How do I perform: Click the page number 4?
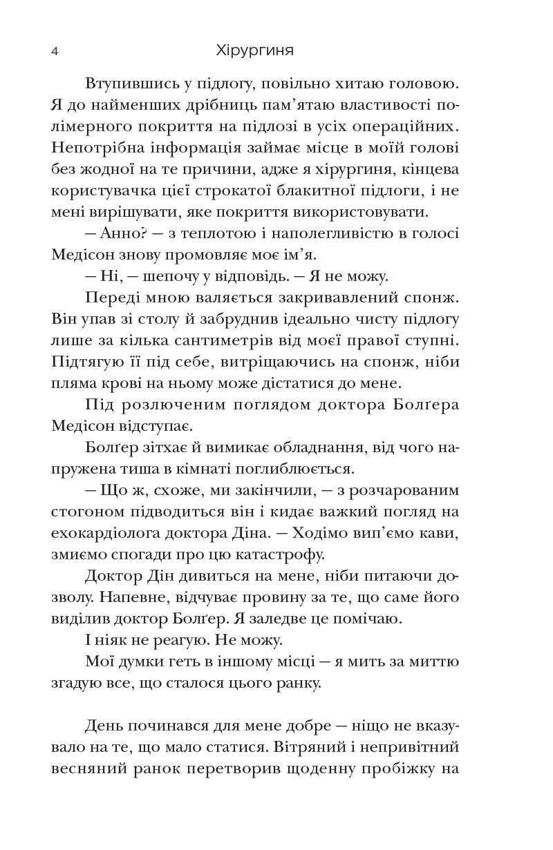pyautogui.click(x=55, y=51)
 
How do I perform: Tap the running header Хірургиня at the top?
pyautogui.click(x=254, y=51)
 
